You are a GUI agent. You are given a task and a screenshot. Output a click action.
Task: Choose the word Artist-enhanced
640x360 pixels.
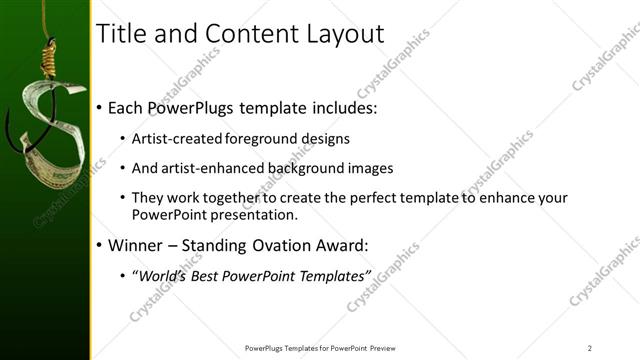click(x=213, y=168)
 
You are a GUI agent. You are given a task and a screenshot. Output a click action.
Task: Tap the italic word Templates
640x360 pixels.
click(x=335, y=274)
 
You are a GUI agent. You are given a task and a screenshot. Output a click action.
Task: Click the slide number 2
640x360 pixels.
click(x=589, y=348)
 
